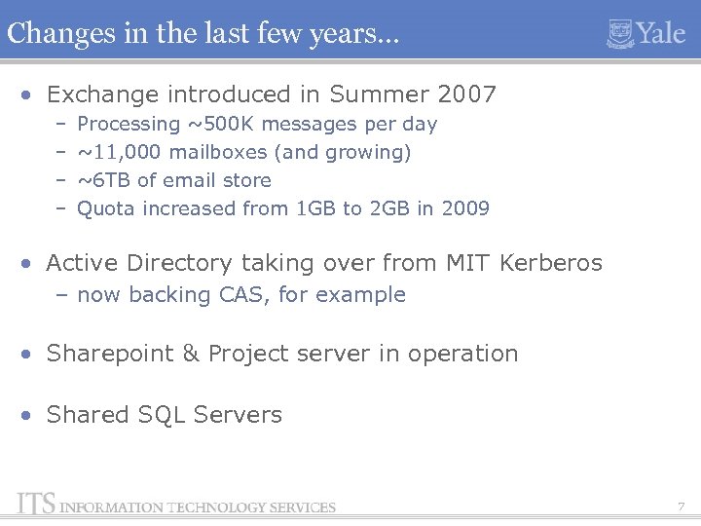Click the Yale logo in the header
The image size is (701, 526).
646,33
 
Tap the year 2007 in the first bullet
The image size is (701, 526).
466,94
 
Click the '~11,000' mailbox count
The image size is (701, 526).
119,152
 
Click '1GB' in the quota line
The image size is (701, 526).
315,208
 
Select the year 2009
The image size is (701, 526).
465,208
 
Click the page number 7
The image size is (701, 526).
681,507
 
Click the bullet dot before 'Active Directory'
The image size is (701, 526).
31,264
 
